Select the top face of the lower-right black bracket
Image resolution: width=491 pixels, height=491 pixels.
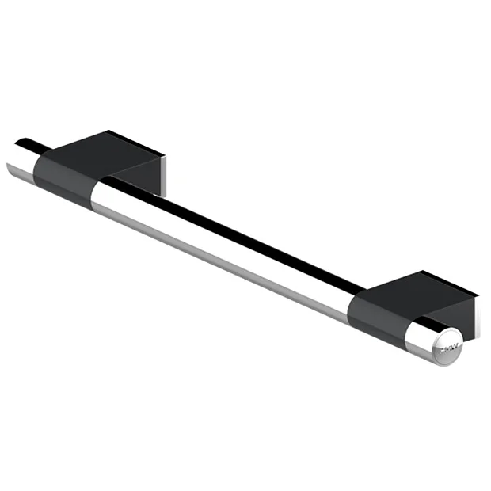(420, 289)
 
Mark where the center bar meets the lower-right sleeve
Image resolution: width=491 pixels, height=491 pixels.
(348, 305)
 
